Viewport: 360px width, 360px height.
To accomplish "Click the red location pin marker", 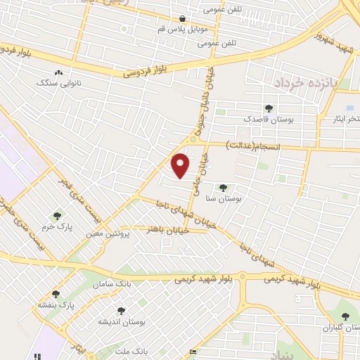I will (x=181, y=165).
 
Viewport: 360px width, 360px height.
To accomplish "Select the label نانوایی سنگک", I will (x=58, y=82).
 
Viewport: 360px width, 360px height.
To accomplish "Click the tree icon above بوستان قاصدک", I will (x=268, y=108).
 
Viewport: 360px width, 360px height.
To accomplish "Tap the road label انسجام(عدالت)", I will (x=252, y=145).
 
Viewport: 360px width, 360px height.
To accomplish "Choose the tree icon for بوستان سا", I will (x=223, y=188).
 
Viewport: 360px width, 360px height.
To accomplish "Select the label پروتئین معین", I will (x=109, y=231).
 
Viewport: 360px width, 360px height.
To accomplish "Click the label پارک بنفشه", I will (x=56, y=306).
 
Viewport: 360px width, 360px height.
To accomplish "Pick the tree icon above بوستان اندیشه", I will (x=121, y=310).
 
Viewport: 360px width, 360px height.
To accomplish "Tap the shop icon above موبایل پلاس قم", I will (x=183, y=19).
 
